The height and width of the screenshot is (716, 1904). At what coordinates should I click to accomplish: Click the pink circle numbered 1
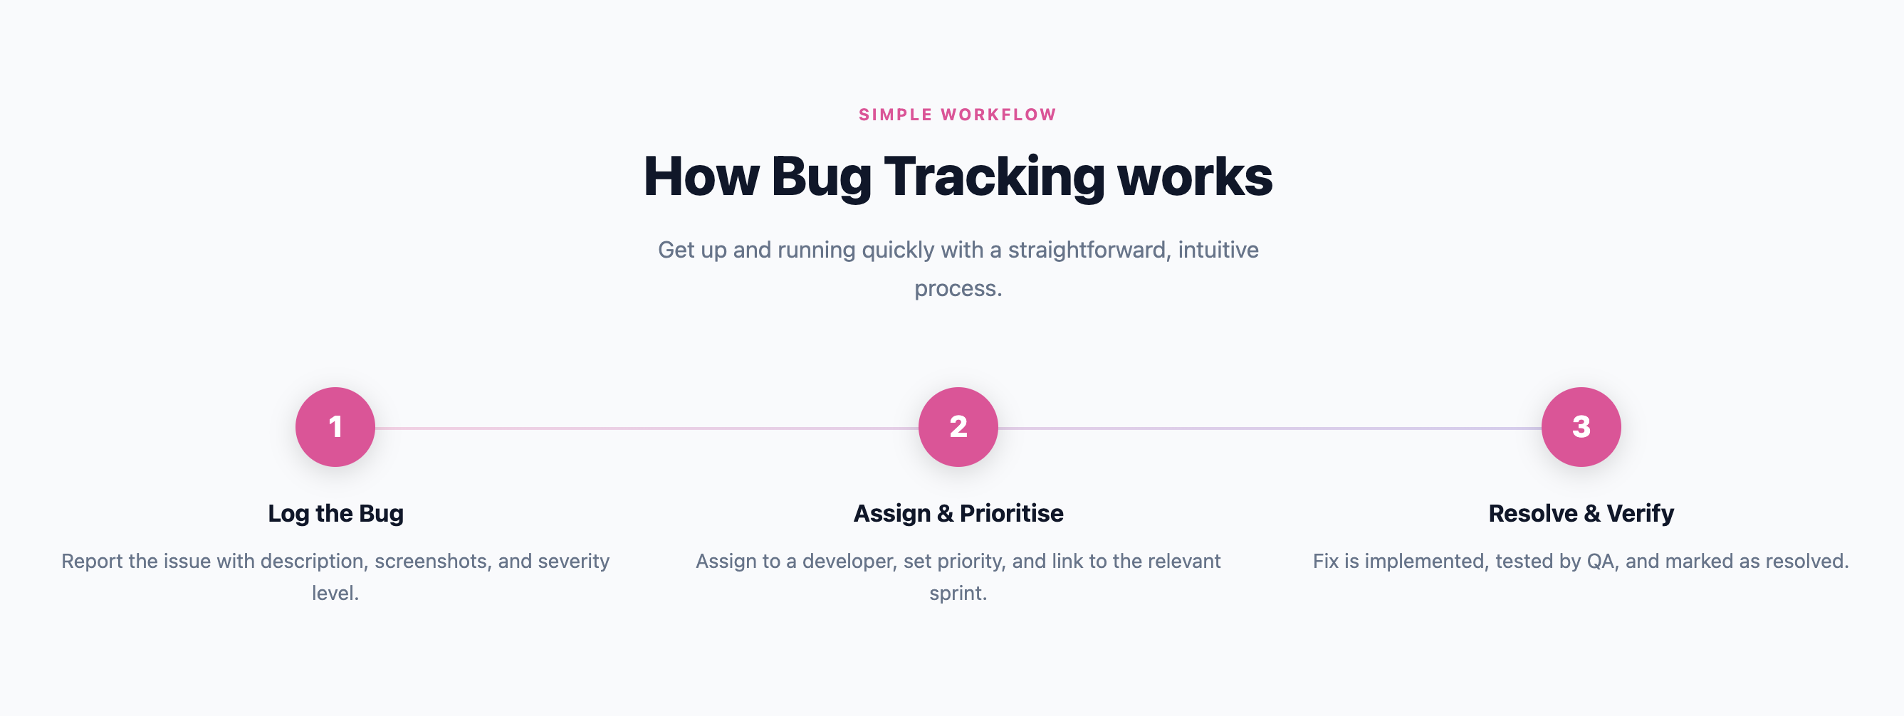tap(335, 427)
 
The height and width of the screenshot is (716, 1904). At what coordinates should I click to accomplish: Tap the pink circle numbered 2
tap(958, 427)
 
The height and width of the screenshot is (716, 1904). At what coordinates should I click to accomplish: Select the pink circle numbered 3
tap(1581, 427)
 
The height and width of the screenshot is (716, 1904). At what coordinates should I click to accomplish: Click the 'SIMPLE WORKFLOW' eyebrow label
tap(957, 115)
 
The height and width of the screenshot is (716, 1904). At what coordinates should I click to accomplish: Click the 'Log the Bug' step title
tap(335, 514)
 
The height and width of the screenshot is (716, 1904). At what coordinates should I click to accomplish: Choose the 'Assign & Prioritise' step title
tap(958, 514)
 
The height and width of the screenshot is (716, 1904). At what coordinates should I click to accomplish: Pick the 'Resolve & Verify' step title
tap(1581, 514)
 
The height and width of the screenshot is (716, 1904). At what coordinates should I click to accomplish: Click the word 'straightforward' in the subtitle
tap(1089, 251)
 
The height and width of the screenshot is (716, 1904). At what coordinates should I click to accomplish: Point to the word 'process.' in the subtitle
tap(958, 289)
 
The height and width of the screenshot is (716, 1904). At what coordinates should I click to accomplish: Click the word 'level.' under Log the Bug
tap(335, 594)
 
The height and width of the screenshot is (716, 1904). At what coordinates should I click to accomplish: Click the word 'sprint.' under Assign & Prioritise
tap(958, 594)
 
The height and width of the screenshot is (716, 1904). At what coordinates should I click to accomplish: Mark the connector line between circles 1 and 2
tap(647, 428)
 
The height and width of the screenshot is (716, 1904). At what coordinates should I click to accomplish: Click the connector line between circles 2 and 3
tap(1270, 428)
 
